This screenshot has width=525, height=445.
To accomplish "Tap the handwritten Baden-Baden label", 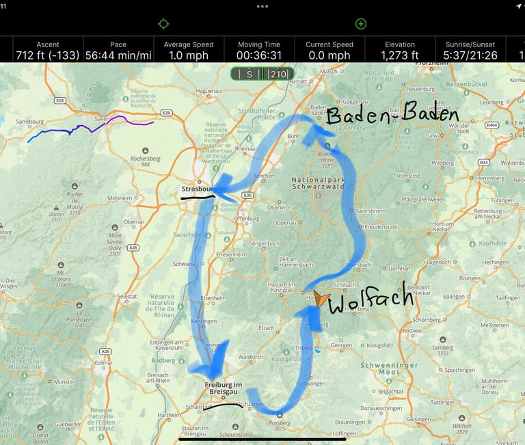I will (x=392, y=115).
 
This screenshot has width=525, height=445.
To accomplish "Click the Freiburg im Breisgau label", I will (x=224, y=389).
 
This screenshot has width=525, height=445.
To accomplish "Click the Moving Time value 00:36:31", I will (x=259, y=55).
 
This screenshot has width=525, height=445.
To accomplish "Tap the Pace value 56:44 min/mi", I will (x=118, y=55).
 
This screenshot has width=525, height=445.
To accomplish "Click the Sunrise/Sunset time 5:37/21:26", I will (x=470, y=55).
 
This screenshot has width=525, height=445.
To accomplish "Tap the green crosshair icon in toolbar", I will (x=163, y=24).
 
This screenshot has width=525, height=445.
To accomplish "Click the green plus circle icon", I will (x=361, y=24).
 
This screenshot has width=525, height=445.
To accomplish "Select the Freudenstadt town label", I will (x=381, y=226).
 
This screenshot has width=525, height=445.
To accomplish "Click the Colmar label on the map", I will (x=105, y=363).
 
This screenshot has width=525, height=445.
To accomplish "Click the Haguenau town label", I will (x=189, y=90).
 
